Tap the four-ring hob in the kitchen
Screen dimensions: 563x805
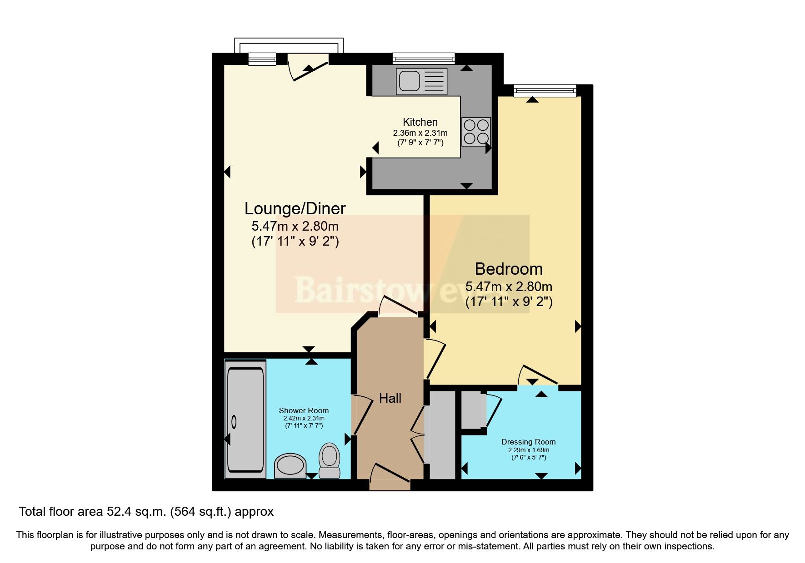476,132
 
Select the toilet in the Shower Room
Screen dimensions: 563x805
330,460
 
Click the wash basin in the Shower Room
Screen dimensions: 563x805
290,465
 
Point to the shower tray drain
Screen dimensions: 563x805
234,422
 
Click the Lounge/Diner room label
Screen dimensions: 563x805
295,208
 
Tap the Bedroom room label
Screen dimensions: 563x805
509,269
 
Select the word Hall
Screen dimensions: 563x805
390,398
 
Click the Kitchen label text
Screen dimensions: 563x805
420,122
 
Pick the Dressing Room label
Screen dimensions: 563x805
528,442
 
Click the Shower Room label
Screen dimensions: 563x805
304,410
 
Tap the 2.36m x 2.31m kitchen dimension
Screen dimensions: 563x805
420,133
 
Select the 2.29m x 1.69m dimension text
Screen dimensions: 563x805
528,450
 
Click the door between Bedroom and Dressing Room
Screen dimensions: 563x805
539,375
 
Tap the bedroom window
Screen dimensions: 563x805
545,91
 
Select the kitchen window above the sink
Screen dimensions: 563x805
423,58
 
